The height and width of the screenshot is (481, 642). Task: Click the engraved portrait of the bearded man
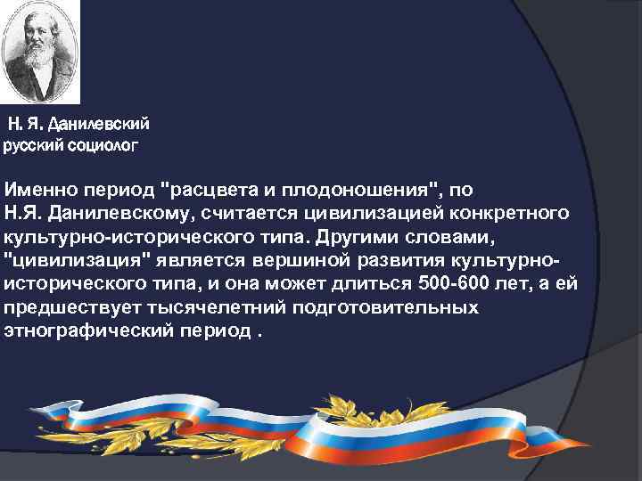point(39,53)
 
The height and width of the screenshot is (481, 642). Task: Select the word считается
point(257,213)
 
